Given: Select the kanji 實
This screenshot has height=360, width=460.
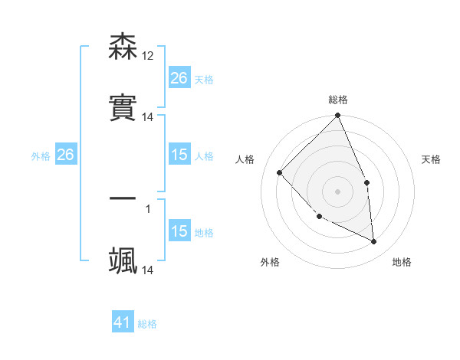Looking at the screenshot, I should pyautogui.click(x=123, y=108).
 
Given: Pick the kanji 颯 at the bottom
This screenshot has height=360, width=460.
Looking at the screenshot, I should pyautogui.click(x=123, y=260).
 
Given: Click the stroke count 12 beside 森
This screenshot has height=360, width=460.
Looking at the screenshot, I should pyautogui.click(x=148, y=56).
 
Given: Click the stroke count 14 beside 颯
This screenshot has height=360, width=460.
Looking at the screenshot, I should pyautogui.click(x=148, y=270).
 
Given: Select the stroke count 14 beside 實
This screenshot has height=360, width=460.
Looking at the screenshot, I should pyautogui.click(x=148, y=117).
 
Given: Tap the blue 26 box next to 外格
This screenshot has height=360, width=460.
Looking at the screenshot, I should pyautogui.click(x=65, y=155).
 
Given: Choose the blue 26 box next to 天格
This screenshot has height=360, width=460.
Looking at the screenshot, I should pyautogui.click(x=179, y=77).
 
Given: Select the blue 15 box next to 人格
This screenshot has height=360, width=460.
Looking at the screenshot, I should pyautogui.click(x=179, y=155).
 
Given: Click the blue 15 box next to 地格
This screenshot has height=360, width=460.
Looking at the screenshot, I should pyautogui.click(x=179, y=231).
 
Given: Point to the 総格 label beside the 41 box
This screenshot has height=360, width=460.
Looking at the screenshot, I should pyautogui.click(x=147, y=324).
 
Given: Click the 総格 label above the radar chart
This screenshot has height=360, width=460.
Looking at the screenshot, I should pyautogui.click(x=338, y=100).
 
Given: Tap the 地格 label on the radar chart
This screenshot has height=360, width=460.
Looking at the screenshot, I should pyautogui.click(x=402, y=262).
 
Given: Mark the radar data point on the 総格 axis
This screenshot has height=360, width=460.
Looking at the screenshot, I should pyautogui.click(x=338, y=116).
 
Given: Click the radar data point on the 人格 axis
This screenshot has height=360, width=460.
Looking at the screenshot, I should pyautogui.click(x=280, y=172).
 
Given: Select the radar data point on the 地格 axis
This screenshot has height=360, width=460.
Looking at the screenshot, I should pyautogui.click(x=374, y=241).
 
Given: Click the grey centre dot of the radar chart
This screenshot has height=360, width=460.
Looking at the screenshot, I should pyautogui.click(x=338, y=191).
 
